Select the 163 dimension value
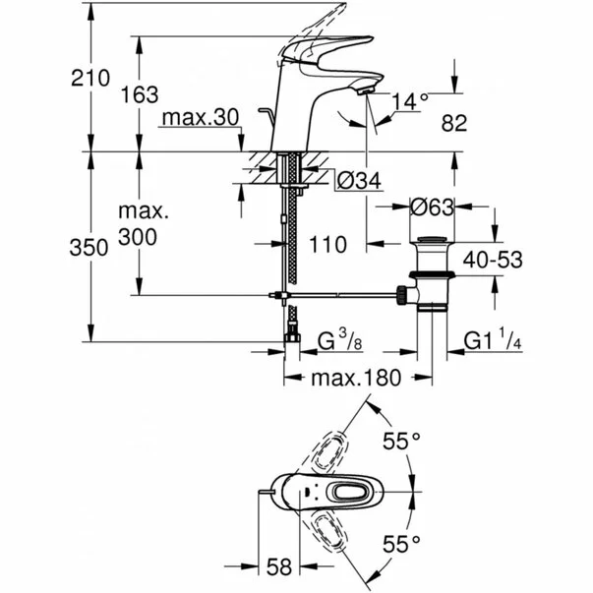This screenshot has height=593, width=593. (139, 95)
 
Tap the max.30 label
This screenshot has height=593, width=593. (201, 118)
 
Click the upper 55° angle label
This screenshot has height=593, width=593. (401, 442)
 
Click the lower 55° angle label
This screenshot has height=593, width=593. (401, 542)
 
